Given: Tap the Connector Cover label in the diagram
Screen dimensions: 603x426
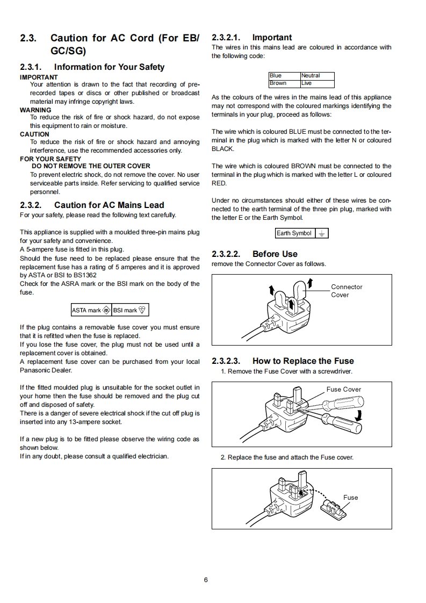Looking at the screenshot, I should coord(346,291).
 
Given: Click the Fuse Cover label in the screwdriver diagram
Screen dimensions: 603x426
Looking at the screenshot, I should coord(344,390).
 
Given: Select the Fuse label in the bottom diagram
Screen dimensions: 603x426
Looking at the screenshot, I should coord(350,498).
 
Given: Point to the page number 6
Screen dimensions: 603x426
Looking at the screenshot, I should coord(206,580).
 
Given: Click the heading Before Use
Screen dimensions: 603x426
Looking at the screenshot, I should coord(275,254).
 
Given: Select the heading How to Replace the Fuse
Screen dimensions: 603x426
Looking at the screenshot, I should coord(303,361).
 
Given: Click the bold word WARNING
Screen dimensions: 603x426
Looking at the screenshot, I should coord(35,110).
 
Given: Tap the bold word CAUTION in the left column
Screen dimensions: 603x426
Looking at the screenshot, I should coord(34,134).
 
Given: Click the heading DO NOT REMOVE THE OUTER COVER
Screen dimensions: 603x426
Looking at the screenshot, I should coord(91,166).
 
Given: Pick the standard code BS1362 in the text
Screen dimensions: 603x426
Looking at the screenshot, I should coord(82,275).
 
